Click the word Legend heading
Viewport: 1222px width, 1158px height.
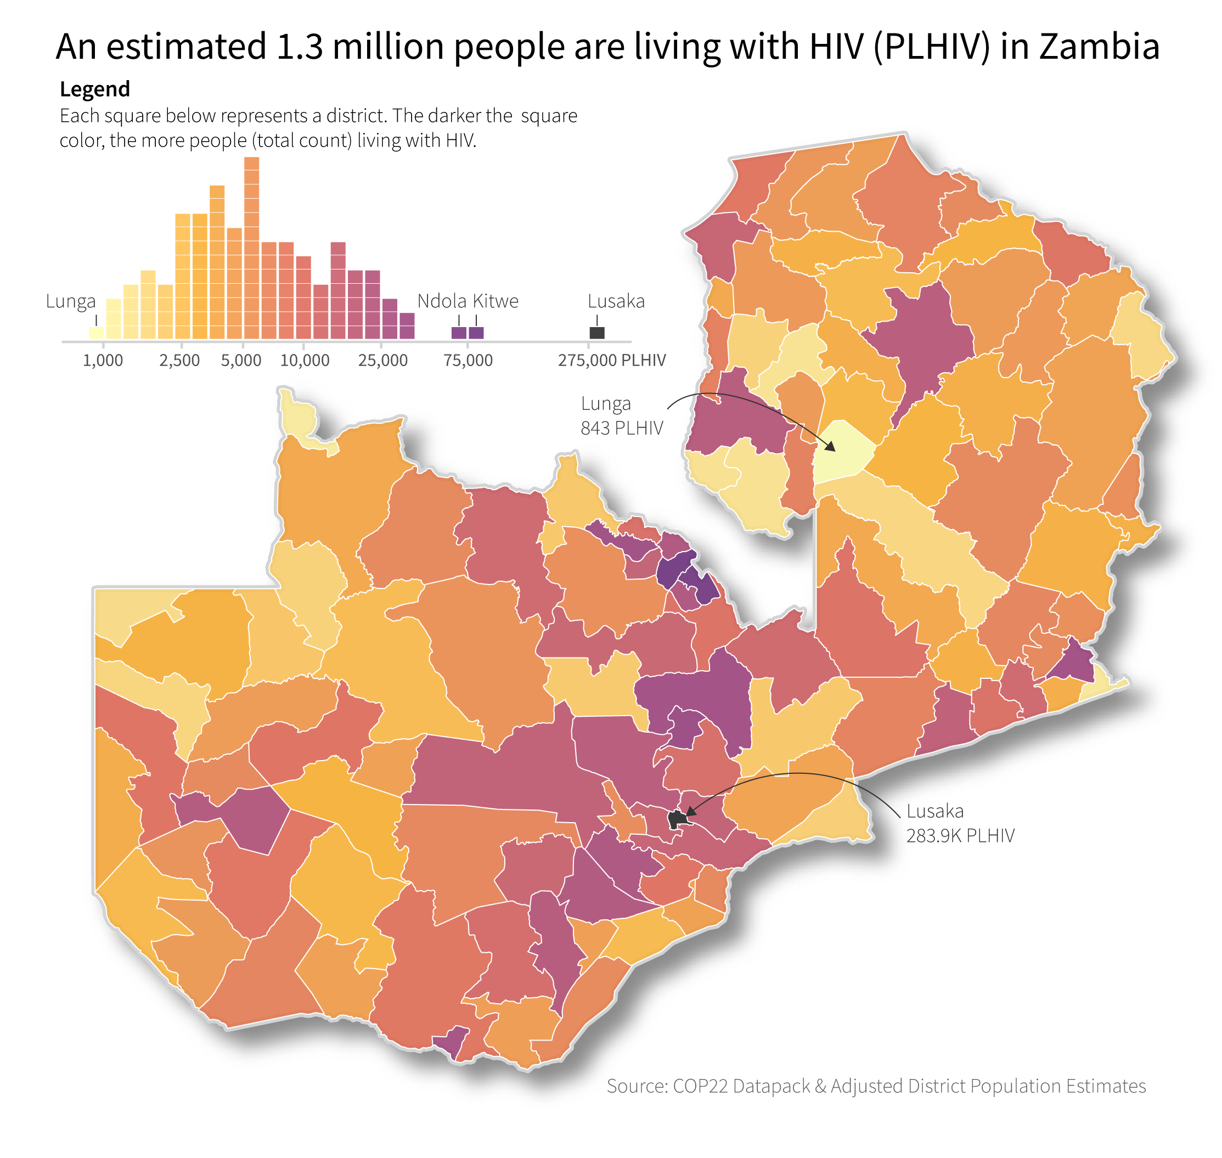[94, 89]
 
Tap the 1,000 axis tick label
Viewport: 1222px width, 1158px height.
[103, 361]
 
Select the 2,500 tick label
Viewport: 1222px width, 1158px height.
[179, 361]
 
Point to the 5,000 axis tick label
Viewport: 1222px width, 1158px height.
[241, 361]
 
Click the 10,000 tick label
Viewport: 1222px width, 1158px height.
[305, 361]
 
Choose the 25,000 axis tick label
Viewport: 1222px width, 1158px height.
[382, 361]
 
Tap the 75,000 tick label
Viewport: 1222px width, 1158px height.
[468, 361]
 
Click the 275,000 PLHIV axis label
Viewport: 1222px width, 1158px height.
[612, 361]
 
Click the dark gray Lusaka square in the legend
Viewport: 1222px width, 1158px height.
[597, 333]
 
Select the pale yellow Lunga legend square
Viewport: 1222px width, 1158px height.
[95, 333]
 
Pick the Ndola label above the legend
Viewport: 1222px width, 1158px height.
[442, 301]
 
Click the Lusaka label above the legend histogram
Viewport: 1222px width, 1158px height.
[616, 301]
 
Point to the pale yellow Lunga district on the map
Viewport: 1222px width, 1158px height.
[842, 451]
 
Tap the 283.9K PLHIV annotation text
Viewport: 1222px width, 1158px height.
[960, 836]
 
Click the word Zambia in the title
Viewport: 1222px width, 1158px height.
[1099, 47]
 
